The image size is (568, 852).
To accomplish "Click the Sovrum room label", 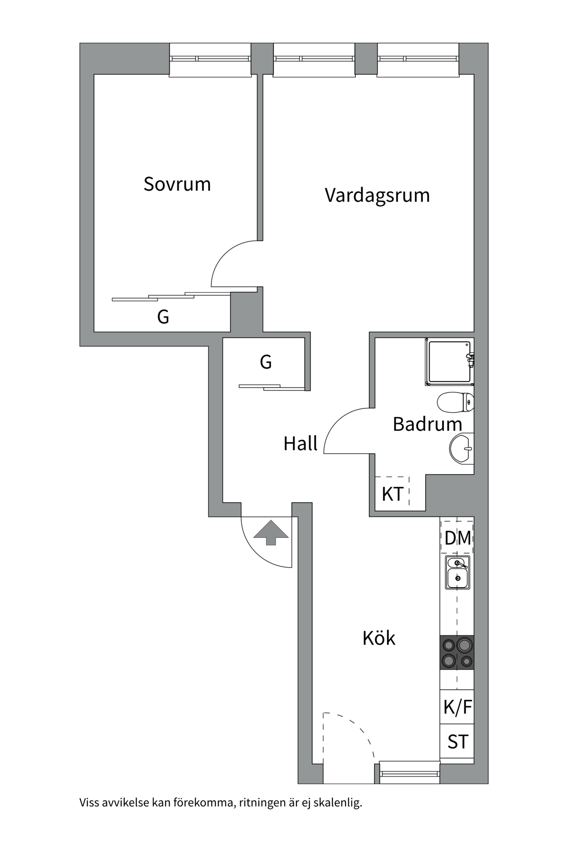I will (x=177, y=184).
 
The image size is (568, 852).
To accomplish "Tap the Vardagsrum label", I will (x=377, y=195).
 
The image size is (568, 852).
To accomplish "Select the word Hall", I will (x=300, y=443).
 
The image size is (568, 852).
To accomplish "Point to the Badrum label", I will (x=427, y=424).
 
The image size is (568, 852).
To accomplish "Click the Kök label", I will (x=379, y=638).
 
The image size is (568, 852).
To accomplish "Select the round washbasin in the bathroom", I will (x=461, y=449).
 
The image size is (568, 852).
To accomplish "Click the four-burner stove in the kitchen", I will (x=457, y=652).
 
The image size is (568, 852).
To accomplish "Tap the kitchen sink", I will (x=458, y=572).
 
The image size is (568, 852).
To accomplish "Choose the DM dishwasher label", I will (x=458, y=538).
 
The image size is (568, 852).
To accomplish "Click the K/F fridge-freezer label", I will (x=458, y=707).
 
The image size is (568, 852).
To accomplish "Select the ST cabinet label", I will (x=458, y=742).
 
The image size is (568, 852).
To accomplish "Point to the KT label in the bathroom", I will (x=392, y=494).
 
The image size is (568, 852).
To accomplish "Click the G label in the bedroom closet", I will (x=163, y=317).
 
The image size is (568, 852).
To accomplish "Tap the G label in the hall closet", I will (x=265, y=362).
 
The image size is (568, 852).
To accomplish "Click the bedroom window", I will (x=210, y=59).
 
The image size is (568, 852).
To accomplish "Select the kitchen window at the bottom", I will (x=410, y=774).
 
